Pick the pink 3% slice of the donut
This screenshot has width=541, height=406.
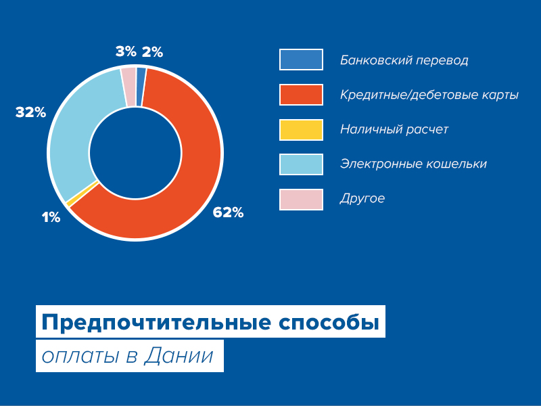[128, 87]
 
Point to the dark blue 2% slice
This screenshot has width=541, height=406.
[141, 87]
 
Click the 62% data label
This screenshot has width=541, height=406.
[228, 212]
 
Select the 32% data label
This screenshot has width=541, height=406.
[30, 112]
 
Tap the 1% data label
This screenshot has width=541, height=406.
[51, 217]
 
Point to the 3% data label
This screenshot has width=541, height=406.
[126, 52]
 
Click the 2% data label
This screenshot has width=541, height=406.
[153, 52]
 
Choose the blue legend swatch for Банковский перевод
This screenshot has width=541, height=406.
[301, 60]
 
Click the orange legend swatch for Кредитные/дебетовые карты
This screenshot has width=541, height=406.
[301, 95]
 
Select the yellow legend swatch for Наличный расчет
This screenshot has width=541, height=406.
[301, 130]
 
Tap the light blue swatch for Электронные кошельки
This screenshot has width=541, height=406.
[301, 164]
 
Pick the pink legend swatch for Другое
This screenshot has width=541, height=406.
[301, 200]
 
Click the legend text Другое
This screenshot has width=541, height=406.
[362, 199]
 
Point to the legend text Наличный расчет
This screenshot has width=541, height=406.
[394, 129]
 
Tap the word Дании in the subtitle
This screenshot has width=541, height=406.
[179, 355]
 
